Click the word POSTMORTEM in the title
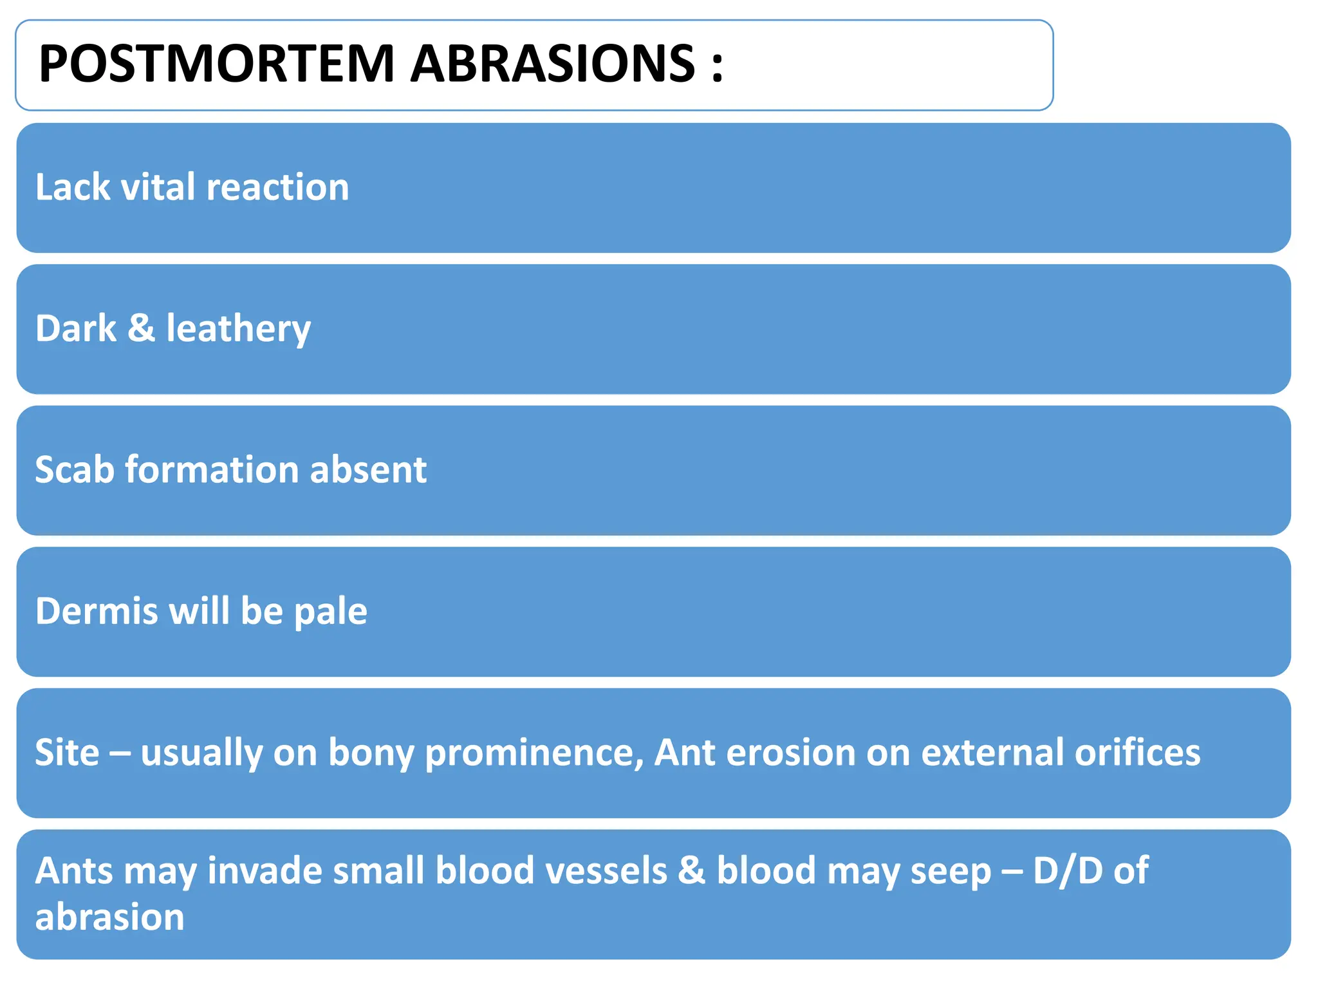click(216, 64)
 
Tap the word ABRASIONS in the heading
click(553, 64)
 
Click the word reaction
click(277, 187)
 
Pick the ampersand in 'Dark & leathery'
click(142, 328)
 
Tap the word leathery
click(238, 329)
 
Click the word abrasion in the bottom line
click(109, 917)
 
